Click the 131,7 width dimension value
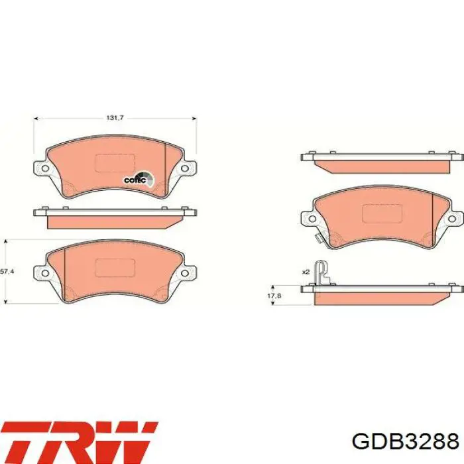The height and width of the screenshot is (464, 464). tap(115, 118)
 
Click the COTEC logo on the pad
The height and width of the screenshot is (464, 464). tap(139, 180)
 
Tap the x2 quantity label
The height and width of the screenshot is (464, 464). tap(306, 272)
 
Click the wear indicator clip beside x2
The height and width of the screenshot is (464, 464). tap(322, 272)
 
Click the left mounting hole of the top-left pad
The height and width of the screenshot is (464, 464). tap(45, 168)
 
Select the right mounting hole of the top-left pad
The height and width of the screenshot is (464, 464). tap(185, 168)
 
